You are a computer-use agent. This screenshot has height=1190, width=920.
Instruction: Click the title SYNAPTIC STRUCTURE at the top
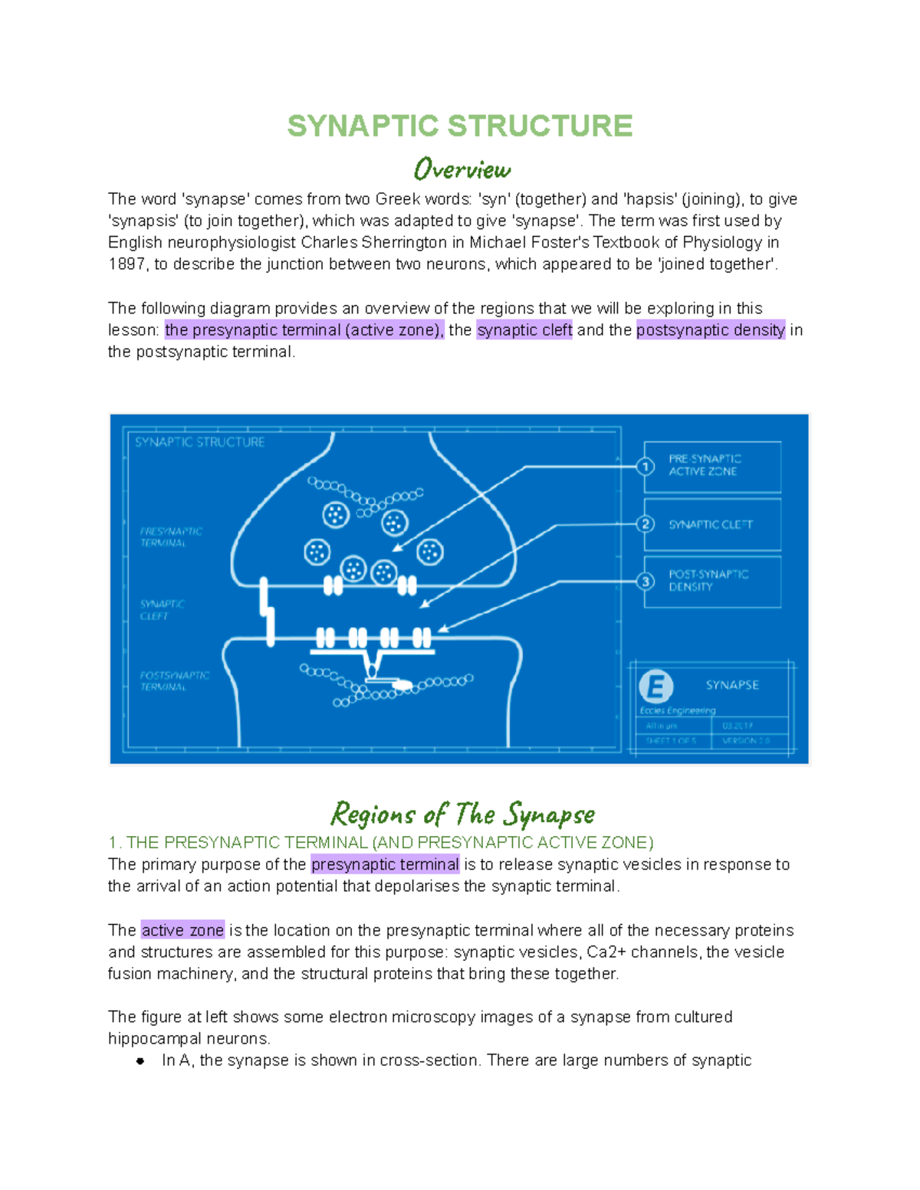coord(459,126)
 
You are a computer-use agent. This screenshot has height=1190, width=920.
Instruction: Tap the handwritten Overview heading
coord(462,169)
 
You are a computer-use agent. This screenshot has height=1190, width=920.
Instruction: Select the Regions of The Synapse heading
coord(462,814)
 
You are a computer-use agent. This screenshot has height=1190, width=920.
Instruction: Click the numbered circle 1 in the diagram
coord(646,466)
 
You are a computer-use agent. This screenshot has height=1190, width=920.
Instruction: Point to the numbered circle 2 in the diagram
coord(646,524)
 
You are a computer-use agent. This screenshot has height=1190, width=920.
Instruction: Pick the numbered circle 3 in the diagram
coord(646,582)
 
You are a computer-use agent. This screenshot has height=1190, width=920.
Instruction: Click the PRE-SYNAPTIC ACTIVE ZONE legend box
coord(712,466)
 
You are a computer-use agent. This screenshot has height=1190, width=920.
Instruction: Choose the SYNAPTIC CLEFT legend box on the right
coord(712,525)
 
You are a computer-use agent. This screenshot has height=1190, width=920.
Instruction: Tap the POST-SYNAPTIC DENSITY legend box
coord(712,582)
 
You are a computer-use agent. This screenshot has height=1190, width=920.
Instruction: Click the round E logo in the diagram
coord(656,686)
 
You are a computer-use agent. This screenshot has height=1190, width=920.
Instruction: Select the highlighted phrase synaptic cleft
coord(524,330)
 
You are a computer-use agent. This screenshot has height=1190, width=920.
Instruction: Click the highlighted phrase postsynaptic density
coord(711,330)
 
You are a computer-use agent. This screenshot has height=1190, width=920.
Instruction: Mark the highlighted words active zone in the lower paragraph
coord(182,930)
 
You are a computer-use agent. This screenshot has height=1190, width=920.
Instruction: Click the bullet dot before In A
coord(140,1061)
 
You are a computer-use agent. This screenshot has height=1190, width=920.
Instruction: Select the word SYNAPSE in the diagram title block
coord(732,685)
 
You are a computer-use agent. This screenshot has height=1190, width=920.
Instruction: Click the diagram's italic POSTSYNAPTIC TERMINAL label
coord(174,681)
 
